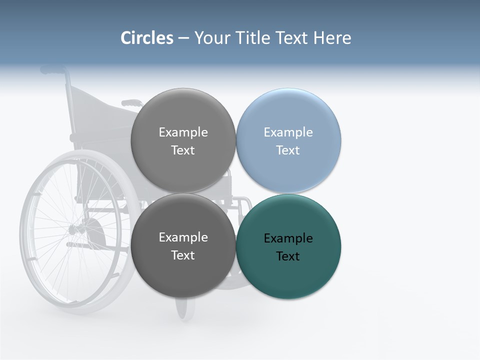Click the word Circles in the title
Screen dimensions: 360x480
pos(147,38)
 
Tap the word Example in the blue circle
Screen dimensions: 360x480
pos(288,132)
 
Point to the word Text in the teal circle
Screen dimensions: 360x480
pos(288,256)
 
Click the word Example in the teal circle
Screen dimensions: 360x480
pos(288,238)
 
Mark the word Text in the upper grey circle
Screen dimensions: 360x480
pos(183,150)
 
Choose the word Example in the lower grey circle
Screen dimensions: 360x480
pos(183,237)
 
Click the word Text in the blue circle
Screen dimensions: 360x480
pos(288,150)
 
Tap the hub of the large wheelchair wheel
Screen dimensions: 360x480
pos(75,230)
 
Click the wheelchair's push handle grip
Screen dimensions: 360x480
pos(53,69)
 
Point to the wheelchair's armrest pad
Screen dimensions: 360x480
pos(131,103)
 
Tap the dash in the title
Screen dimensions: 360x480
pos(183,38)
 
